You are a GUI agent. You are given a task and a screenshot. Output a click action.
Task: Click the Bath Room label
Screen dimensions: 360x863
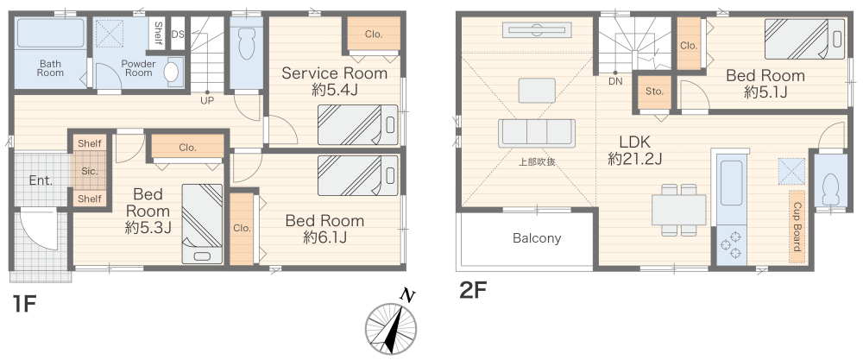[50, 68]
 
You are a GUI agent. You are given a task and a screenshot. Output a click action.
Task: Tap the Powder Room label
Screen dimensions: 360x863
[136, 68]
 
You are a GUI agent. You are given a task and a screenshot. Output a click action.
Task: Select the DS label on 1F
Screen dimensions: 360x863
[178, 35]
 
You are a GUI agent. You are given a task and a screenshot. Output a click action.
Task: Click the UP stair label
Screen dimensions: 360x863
[207, 100]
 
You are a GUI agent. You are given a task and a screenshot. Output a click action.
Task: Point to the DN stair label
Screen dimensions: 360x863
[615, 82]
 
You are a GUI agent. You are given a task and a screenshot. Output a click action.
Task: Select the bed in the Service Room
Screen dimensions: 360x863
[357, 124]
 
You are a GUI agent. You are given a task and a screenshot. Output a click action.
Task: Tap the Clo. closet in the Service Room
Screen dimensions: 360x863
[373, 35]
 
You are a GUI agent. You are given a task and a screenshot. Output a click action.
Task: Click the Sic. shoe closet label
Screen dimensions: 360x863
[89, 171]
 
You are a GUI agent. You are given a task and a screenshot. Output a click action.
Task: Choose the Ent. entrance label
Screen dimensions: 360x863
[41, 181]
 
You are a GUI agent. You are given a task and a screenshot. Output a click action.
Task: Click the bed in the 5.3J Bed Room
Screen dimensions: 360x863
[201, 223]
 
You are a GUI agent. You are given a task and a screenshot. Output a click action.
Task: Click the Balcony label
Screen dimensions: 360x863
[537, 238]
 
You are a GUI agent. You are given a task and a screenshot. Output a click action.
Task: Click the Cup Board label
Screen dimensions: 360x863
[796, 226]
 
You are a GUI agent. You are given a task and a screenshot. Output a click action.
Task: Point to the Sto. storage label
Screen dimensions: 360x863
[652, 90]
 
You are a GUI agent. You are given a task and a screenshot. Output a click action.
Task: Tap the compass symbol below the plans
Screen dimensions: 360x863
[389, 330]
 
